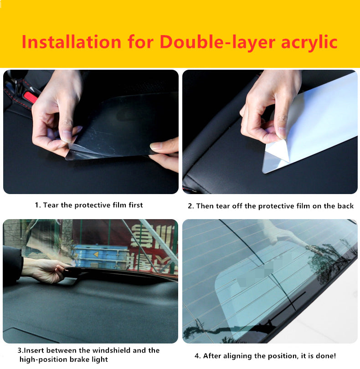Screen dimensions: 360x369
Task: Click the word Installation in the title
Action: click(72, 42)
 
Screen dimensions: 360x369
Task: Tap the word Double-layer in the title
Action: click(217, 42)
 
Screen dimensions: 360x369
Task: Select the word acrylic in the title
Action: click(309, 43)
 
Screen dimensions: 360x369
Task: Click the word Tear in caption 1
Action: click(51, 205)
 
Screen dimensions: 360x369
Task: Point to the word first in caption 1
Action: click(136, 205)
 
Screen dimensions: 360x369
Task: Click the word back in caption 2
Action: click(345, 206)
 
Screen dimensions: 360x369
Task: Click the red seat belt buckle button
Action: click(30, 97)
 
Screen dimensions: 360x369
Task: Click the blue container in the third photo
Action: click(100, 257)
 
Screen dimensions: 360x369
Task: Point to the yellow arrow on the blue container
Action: click(96, 254)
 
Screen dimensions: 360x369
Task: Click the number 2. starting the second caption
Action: click(191, 206)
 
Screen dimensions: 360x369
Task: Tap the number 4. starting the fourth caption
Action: click(197, 356)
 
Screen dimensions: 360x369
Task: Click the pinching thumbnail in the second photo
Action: click(281, 133)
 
